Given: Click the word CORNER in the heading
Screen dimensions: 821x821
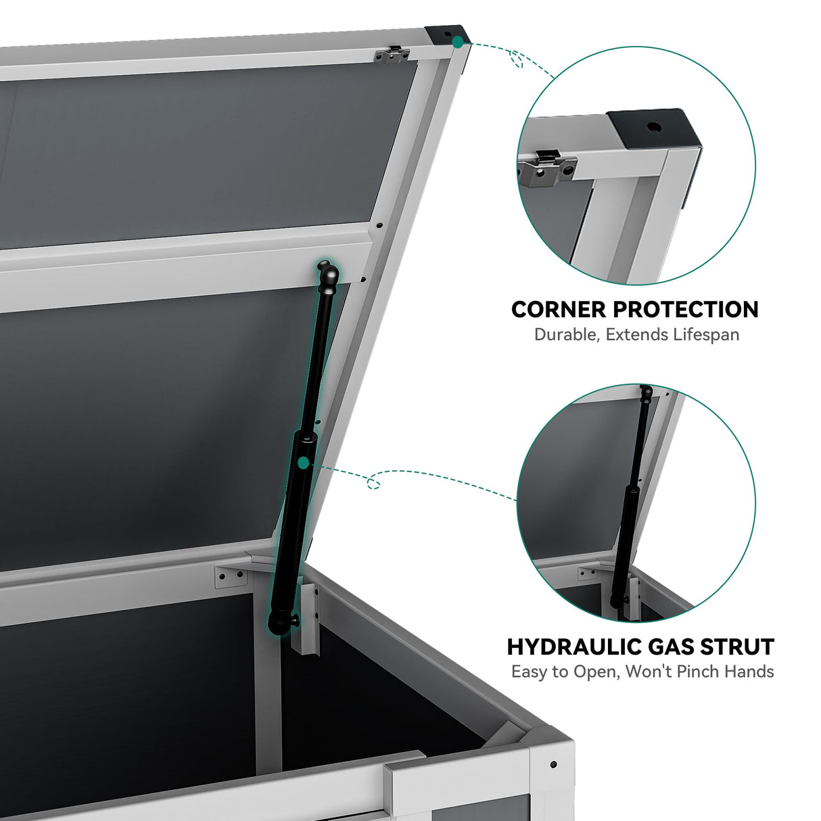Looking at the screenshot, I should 559,310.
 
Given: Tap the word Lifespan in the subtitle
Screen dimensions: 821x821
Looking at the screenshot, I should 706,335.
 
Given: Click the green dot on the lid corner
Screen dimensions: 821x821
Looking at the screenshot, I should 458,42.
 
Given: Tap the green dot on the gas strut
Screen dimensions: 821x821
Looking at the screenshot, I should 304,463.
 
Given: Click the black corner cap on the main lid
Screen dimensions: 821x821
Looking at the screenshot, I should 447,34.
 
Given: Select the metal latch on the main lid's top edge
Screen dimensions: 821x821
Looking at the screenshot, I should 393,55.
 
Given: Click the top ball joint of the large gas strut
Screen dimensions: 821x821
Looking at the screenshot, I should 328,274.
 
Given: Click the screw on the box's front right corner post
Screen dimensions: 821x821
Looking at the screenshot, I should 553,764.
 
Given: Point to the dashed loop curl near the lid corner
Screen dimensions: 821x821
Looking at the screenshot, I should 517,60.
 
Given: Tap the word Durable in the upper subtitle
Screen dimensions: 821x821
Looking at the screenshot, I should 566,335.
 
